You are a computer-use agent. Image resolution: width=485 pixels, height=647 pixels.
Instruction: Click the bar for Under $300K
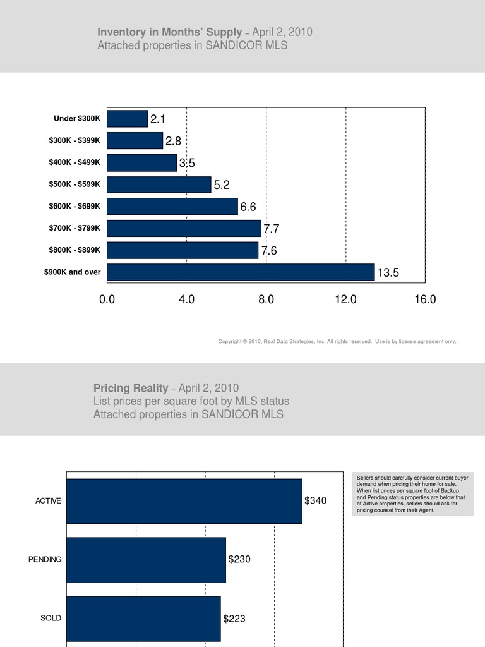128,119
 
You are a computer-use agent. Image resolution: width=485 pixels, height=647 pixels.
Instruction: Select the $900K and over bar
241,272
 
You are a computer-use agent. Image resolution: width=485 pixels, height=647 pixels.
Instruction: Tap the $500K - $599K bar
159,184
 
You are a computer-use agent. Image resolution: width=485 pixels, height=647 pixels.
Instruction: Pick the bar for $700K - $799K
184,228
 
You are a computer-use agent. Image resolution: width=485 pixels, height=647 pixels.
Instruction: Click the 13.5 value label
388,273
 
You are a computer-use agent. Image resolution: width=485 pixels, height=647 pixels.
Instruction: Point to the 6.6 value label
248,207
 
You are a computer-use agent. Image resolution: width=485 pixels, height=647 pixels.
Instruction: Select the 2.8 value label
173,141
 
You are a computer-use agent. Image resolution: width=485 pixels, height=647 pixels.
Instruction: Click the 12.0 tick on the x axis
345,299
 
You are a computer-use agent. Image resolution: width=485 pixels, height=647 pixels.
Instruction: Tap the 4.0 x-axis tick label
186,299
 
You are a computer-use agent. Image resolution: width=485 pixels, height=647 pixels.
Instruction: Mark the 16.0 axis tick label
425,299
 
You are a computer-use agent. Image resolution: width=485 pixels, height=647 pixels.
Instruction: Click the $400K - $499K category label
75,162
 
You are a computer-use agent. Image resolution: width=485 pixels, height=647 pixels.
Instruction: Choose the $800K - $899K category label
75,250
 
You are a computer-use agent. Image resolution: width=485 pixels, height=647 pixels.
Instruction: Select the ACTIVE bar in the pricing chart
184,501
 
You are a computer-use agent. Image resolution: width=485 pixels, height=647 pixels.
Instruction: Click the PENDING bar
146,560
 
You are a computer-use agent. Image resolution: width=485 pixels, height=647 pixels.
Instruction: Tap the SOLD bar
143,619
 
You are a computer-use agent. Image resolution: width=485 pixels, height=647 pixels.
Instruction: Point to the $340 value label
315,501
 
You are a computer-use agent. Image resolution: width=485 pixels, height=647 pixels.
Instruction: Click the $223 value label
234,619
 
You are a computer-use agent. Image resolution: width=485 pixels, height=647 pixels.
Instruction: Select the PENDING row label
45,560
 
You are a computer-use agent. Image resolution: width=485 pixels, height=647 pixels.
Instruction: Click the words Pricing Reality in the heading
131,388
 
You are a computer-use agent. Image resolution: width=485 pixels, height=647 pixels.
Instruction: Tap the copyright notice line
337,342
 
